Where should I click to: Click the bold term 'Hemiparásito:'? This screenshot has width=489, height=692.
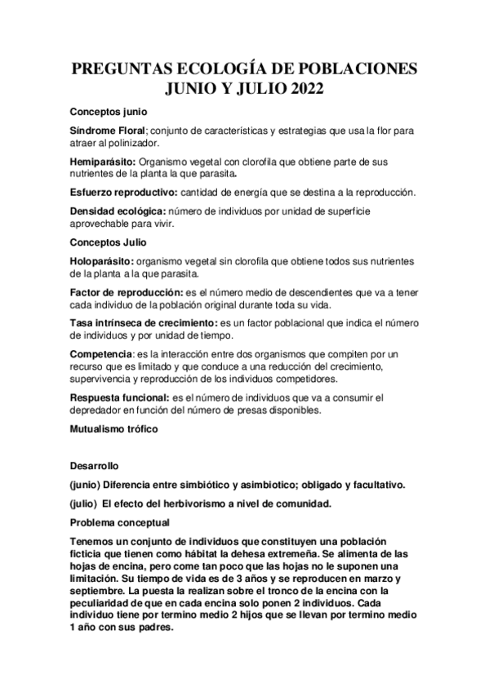pos(102,162)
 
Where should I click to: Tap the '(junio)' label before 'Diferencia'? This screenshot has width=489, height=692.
pos(88,485)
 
